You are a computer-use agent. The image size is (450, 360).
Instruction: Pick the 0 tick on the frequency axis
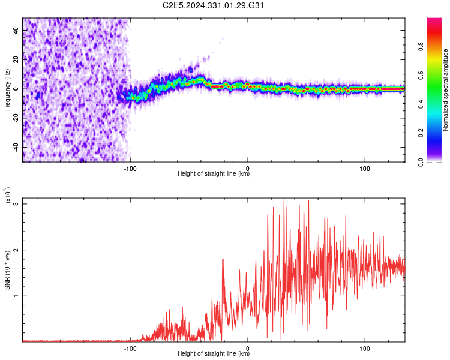tap(17, 89)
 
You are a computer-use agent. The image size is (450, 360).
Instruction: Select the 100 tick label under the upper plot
tap(365, 167)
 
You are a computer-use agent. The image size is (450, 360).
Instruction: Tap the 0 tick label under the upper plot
tap(248, 167)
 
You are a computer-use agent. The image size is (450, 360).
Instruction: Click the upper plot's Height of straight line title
tap(214, 174)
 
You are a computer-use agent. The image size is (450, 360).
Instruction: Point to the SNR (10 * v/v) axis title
tap(8, 270)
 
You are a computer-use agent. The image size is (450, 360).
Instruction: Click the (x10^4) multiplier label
tap(8, 195)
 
